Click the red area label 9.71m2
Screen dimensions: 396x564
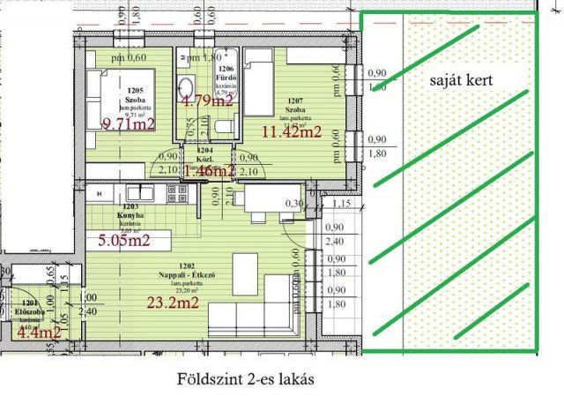pyautogui.click(x=129, y=123)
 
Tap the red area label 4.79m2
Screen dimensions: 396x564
pyautogui.click(x=207, y=100)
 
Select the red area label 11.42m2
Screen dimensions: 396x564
pyautogui.click(x=292, y=133)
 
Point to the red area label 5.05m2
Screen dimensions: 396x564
pyautogui.click(x=123, y=238)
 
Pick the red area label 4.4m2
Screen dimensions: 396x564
pyautogui.click(x=39, y=332)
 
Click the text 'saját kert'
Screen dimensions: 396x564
pyautogui.click(x=461, y=79)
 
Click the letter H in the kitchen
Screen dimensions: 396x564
pyautogui.click(x=100, y=192)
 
